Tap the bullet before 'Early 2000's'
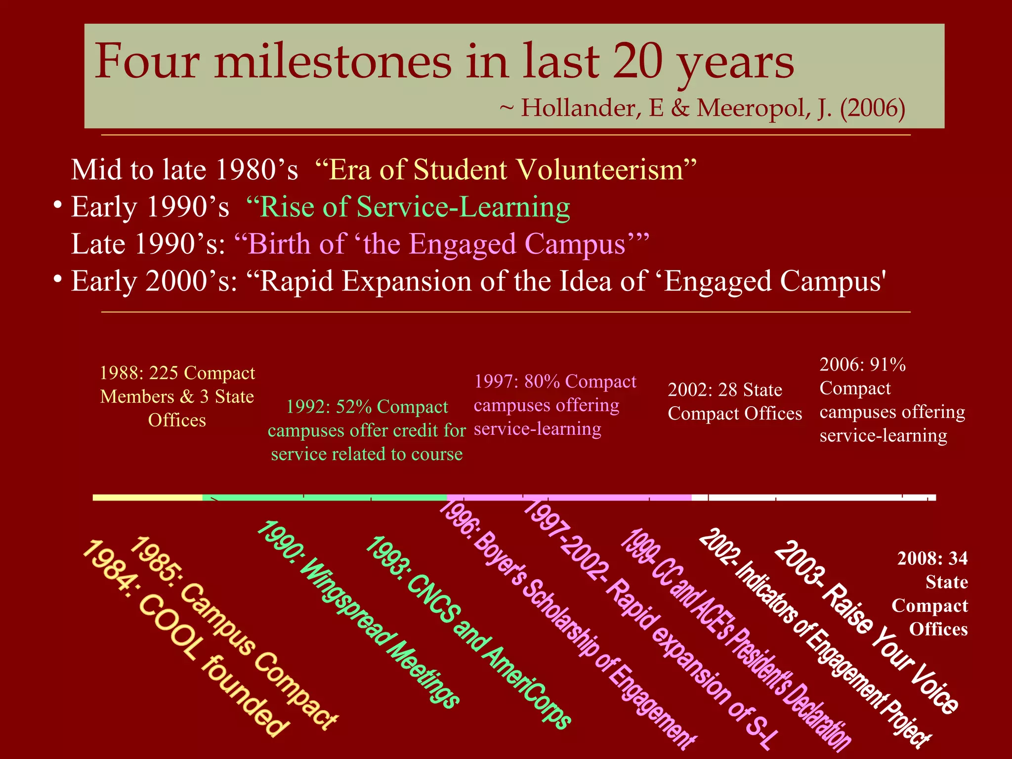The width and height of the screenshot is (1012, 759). pos(58,279)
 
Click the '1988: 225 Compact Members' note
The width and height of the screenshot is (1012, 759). pos(177,396)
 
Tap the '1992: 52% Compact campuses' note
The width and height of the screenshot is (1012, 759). pos(367,430)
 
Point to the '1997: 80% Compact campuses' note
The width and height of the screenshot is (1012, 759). pos(555,405)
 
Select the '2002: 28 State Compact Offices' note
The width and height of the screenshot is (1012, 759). pos(735,401)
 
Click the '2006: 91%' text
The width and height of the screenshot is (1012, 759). pos(863,365)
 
